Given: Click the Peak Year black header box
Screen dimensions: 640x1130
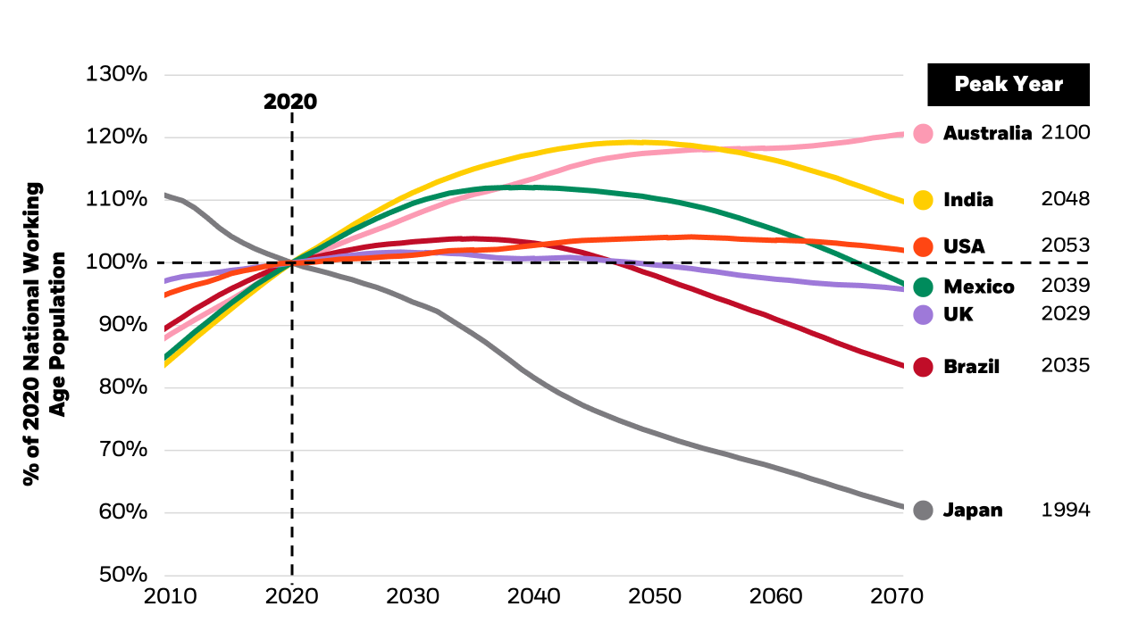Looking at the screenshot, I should (1009, 85).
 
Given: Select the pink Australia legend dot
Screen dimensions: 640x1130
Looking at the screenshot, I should (924, 134).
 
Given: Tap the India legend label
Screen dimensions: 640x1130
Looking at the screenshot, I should (968, 200).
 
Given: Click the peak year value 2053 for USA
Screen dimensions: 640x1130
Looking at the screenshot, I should (1065, 245).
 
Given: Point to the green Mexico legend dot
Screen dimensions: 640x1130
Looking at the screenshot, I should (924, 287).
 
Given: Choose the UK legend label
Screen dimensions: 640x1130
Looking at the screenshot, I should (958, 314).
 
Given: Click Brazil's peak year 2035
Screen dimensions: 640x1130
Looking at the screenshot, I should (1065, 365).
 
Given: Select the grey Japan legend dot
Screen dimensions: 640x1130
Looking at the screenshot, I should (924, 511).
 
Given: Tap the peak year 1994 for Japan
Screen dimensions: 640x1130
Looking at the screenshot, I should (1065, 510).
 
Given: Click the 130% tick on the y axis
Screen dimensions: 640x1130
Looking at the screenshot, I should (116, 74).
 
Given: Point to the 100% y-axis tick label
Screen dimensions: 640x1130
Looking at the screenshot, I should (116, 262).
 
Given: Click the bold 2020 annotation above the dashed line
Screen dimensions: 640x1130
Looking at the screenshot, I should (290, 102).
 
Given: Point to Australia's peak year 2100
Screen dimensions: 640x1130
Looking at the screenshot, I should (1065, 133).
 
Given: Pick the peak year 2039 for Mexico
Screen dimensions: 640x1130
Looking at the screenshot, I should (1065, 286).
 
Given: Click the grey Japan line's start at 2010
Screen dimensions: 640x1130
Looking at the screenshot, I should (166, 195).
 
